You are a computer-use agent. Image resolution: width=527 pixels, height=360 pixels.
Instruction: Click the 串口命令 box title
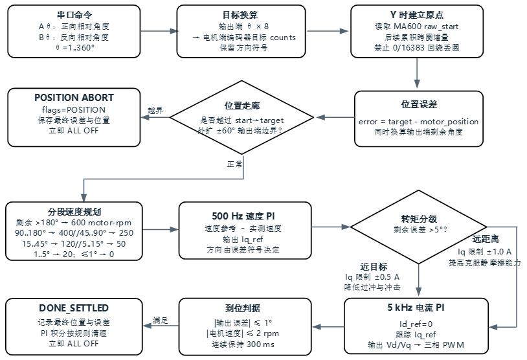[x=74, y=15]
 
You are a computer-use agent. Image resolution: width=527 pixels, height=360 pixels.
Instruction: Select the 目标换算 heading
[x=241, y=15]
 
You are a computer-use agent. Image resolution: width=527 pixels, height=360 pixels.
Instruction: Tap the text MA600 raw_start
[x=426, y=26]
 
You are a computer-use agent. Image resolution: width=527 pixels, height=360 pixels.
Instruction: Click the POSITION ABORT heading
[x=74, y=98]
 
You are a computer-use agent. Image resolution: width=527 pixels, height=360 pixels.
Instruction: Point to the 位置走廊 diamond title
[x=242, y=106]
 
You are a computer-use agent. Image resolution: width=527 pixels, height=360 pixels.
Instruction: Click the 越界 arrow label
[x=155, y=110]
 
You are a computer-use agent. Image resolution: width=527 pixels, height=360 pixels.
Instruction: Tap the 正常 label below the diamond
[x=234, y=164]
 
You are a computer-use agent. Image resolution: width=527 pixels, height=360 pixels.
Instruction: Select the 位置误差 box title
[x=419, y=104]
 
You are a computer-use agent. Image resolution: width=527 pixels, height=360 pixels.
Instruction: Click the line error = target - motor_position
[x=418, y=121]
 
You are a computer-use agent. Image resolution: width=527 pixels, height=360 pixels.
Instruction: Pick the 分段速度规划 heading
[x=74, y=212]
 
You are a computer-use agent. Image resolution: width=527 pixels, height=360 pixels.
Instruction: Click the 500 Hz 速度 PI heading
[x=243, y=216]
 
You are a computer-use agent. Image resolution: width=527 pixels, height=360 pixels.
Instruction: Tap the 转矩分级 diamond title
[x=419, y=219]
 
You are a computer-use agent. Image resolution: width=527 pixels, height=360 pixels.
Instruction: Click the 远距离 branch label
[x=486, y=239]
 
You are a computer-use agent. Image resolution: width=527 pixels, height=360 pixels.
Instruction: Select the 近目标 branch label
[x=374, y=267]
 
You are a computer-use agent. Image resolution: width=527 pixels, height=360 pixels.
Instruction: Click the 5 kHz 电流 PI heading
[x=416, y=307]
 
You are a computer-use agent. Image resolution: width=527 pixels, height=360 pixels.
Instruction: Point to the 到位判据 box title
[x=243, y=308]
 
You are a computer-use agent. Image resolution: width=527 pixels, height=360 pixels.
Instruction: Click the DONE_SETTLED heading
[x=74, y=308]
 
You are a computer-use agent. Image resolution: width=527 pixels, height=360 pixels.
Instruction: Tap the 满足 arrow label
[x=161, y=321]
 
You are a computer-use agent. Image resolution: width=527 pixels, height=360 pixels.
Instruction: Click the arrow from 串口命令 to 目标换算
[x=159, y=31]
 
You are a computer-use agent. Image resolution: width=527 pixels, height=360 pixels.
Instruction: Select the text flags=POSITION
[x=74, y=110]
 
